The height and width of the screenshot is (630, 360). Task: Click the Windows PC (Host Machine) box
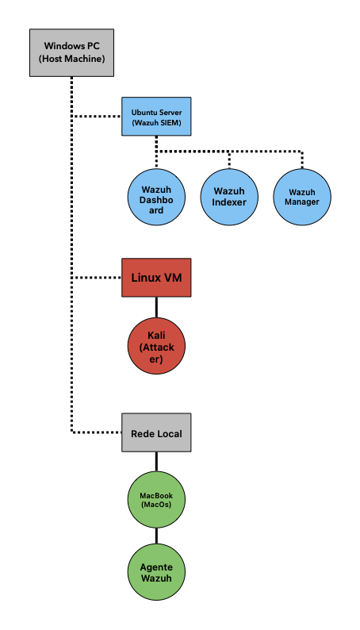[71, 52]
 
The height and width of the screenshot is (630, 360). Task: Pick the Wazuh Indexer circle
[229, 196]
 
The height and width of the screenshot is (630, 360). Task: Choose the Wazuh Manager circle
[302, 196]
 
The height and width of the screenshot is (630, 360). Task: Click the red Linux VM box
[156, 278]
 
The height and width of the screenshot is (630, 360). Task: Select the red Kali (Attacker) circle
[156, 347]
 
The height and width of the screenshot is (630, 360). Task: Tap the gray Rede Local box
[156, 432]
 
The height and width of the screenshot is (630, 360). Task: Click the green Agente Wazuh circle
[156, 571]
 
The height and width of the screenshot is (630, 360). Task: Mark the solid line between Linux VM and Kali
[156, 308]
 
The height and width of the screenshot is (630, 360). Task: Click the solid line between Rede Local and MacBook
[156, 462]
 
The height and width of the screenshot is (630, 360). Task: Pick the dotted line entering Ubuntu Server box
[97, 117]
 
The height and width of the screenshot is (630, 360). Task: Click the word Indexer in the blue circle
[229, 202]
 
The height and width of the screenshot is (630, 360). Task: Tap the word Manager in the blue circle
[302, 202]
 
